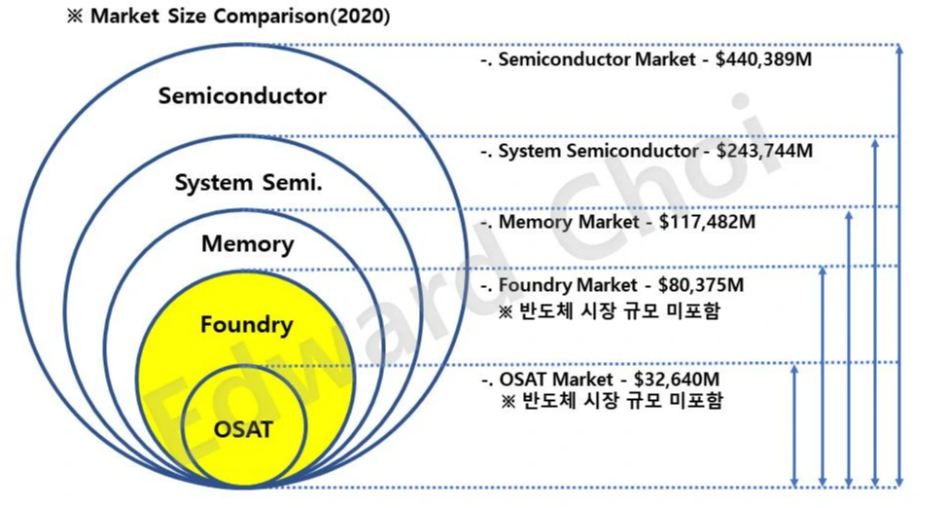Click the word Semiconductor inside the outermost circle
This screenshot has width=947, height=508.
click(x=242, y=96)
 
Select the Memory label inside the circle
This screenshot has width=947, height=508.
click(x=247, y=243)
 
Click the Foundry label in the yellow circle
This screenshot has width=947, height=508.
click(x=246, y=324)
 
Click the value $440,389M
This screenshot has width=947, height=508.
click(x=763, y=60)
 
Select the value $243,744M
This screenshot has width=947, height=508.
click(x=764, y=151)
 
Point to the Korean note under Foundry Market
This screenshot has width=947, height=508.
click(x=611, y=311)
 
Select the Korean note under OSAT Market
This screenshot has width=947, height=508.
click(x=611, y=400)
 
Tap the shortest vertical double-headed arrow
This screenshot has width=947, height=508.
click(x=796, y=425)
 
